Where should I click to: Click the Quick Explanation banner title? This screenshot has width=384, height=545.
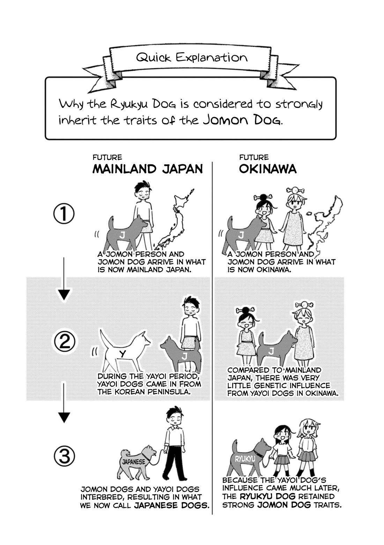tap(192, 58)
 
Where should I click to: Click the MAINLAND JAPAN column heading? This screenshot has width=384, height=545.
tap(147, 169)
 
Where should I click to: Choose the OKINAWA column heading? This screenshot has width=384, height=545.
tap(267, 169)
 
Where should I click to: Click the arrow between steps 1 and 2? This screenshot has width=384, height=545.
tap(64, 280)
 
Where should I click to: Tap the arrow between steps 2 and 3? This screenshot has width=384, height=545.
tap(64, 403)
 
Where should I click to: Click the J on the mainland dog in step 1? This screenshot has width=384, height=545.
tap(122, 235)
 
